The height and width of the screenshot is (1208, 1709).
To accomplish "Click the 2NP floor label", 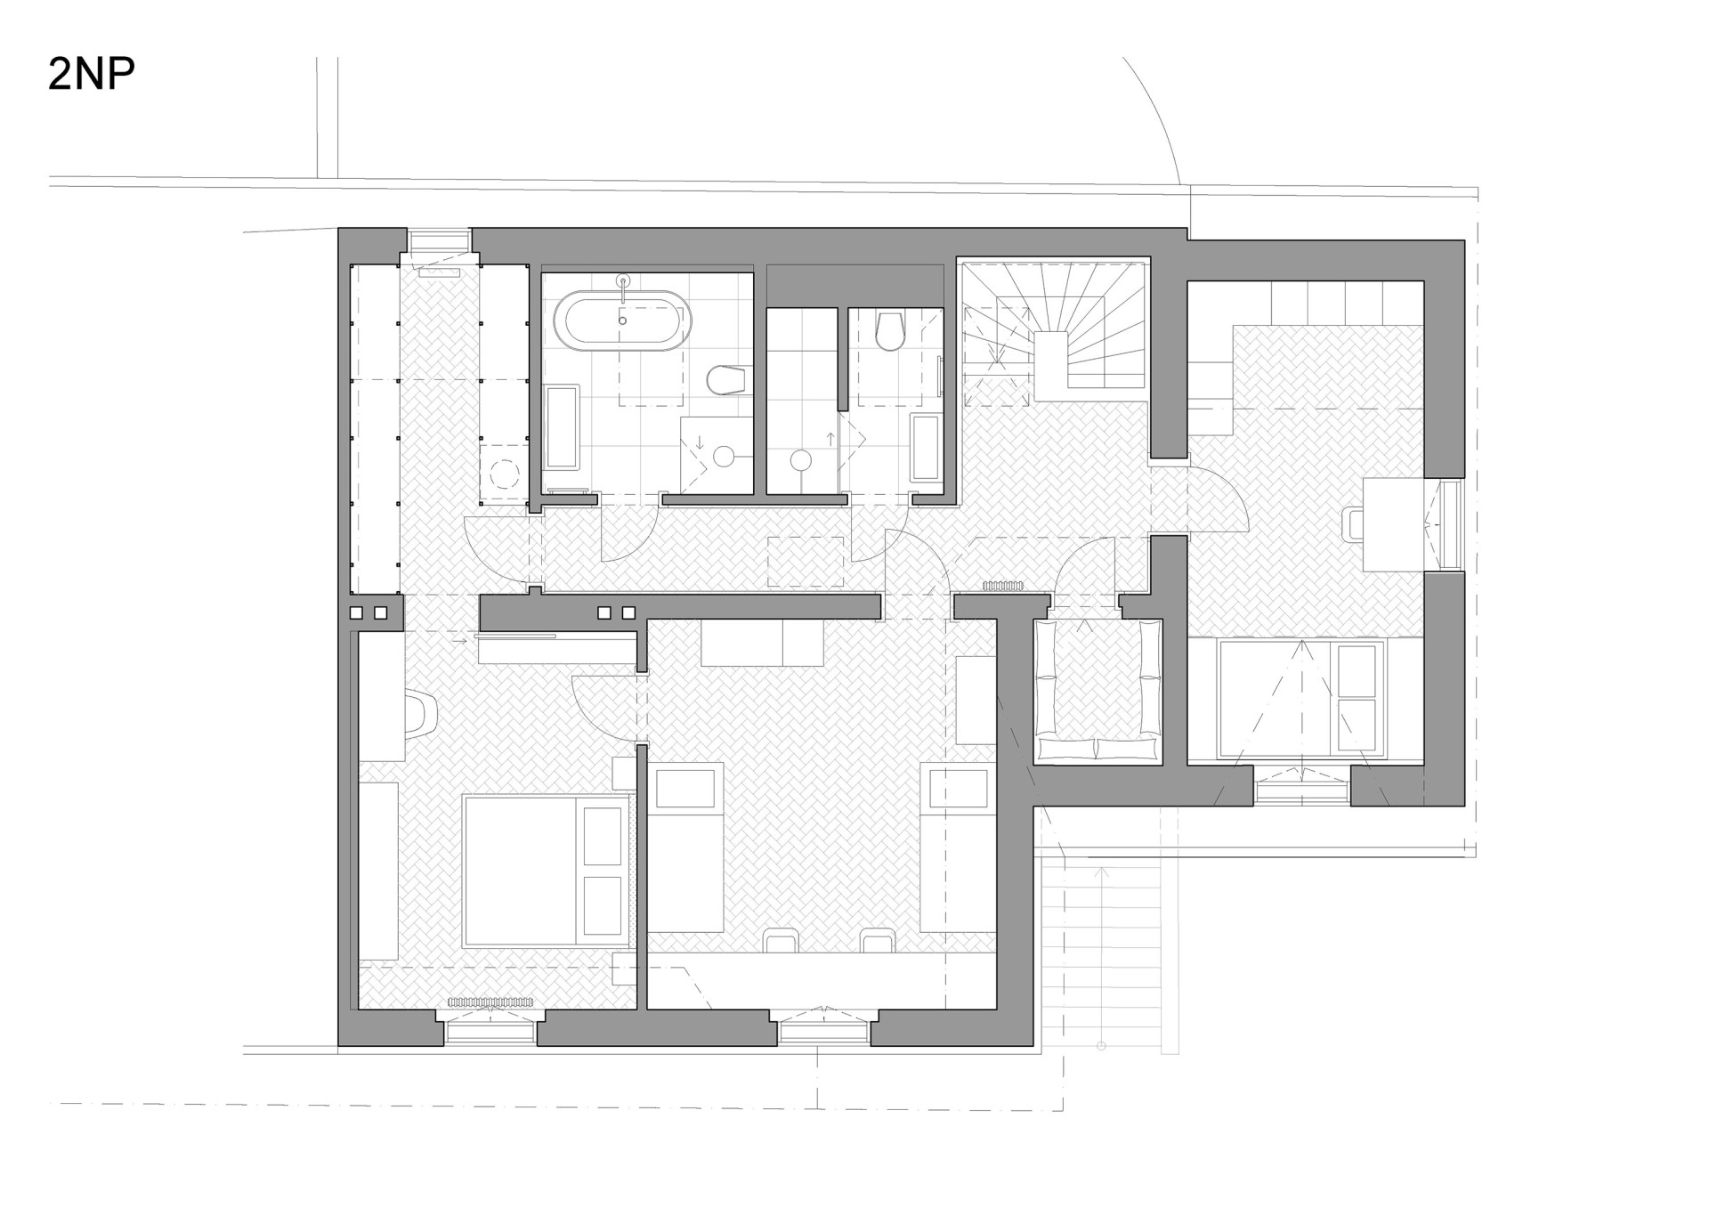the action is pos(91,75).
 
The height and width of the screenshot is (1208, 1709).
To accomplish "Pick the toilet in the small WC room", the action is pos(890,329).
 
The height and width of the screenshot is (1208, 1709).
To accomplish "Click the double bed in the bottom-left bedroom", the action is pos(547,871).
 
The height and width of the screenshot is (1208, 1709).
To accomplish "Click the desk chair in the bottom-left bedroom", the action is pos(422,715).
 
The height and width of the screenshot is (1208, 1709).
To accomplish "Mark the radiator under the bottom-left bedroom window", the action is pos(490,1002).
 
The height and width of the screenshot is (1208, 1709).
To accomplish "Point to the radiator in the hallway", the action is pos(1003,586).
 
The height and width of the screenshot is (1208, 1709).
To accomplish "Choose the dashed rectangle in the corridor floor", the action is pos(806,562).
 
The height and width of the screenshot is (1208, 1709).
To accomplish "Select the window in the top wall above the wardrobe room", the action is pos(439,241).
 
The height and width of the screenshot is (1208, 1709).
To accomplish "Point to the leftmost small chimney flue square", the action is pos(356,612).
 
